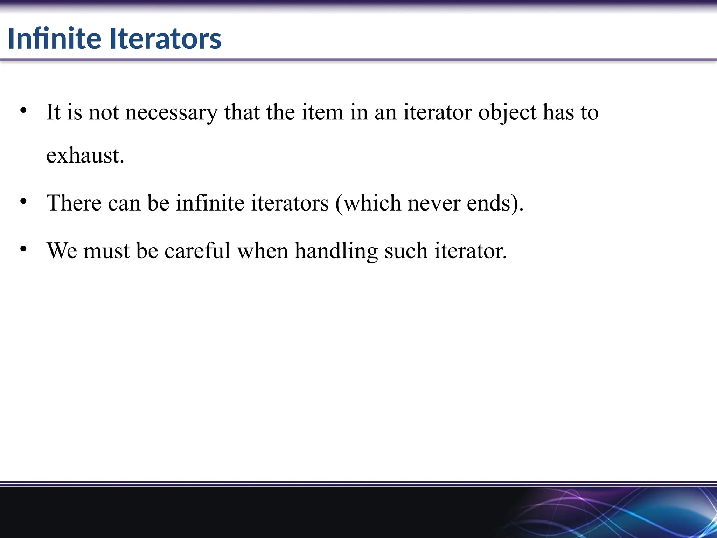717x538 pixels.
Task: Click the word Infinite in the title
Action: pos(55,38)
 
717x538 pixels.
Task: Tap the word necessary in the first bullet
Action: pos(171,113)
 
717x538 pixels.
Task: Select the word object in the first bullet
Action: pos(507,113)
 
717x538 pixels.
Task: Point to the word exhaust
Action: pos(85,155)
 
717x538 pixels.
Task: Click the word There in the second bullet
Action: pos(74,203)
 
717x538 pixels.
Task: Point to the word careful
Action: pos(197,251)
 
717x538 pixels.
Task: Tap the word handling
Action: pos(336,251)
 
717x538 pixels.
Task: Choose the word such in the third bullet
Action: pos(406,251)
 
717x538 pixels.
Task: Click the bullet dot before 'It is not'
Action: pos(23,111)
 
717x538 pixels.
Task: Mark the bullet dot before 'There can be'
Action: pos(23,201)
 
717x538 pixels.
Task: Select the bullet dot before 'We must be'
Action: pos(23,249)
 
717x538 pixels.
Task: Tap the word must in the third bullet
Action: pos(106,251)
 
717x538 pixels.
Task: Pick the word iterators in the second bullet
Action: pos(290,203)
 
